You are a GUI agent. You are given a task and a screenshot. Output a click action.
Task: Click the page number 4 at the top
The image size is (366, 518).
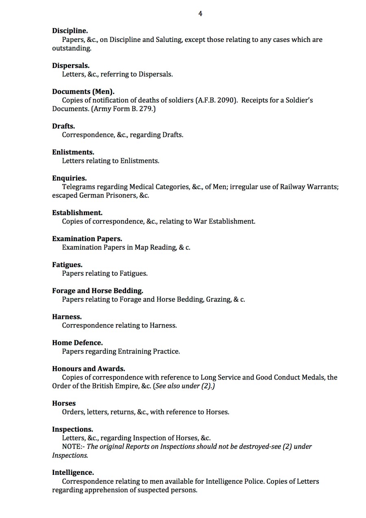pos(200,14)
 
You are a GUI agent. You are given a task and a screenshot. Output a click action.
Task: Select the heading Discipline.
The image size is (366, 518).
pos(70,31)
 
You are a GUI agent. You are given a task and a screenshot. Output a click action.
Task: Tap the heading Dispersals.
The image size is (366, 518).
pos(71,66)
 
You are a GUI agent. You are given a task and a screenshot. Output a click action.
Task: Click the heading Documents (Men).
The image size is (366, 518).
pos(83,92)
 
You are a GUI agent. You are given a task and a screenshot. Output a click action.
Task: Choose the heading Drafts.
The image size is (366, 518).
pos(63,126)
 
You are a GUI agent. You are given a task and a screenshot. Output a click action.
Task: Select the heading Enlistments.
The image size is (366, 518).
pos(73,152)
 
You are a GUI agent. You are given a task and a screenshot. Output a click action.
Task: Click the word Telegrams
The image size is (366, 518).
pos(79,187)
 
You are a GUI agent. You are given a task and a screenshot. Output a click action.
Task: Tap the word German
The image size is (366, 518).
pos(92,195)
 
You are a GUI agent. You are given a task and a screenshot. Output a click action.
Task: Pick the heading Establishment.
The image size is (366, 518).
pos(77,213)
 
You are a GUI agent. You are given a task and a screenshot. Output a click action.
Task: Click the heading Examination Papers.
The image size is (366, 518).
pos(87,239)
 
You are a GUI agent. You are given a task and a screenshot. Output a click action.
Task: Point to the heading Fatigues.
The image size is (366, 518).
pos(67,265)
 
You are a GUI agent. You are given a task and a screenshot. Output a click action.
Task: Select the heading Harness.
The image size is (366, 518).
pos(67,316)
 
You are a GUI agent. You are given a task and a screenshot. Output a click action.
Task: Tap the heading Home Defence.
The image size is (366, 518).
pos(77,342)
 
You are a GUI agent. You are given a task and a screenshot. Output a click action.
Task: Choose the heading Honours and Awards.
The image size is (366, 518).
pos(89,369)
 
